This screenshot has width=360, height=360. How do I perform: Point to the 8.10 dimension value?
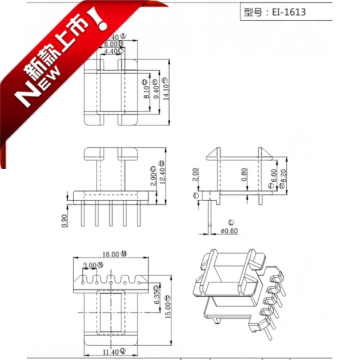147,91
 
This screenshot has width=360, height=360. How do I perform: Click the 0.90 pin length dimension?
64,220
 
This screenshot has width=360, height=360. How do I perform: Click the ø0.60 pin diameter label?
229,231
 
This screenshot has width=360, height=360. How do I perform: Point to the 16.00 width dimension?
111,254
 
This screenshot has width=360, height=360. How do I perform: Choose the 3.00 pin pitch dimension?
90,265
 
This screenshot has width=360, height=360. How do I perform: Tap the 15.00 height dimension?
168,309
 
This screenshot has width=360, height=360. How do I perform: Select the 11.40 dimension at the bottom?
110,351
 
